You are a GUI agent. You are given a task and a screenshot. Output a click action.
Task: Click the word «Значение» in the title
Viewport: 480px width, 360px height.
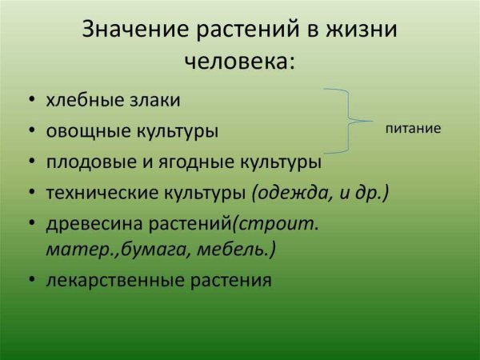pyautogui.click(x=135, y=30)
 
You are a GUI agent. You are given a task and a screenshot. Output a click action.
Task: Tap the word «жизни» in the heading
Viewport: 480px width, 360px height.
pyautogui.click(x=362, y=30)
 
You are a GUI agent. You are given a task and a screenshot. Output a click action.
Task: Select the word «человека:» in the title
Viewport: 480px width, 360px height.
pyautogui.click(x=240, y=61)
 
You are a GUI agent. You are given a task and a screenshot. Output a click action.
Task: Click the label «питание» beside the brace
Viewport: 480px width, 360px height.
pyautogui.click(x=413, y=129)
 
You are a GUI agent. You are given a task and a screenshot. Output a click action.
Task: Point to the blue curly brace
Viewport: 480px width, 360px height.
pyautogui.click(x=348, y=121)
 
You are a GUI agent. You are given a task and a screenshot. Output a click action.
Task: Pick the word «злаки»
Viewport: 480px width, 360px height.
pyautogui.click(x=155, y=100)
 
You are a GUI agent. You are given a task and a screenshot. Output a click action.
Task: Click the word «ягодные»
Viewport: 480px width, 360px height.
pyautogui.click(x=195, y=162)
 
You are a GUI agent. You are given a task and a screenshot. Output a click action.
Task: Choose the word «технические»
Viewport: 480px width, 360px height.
pyautogui.click(x=102, y=193)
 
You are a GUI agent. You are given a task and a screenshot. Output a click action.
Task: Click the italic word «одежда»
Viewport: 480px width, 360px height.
pyautogui.click(x=292, y=193)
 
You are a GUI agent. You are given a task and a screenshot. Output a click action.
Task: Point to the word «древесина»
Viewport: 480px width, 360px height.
pyautogui.click(x=94, y=224)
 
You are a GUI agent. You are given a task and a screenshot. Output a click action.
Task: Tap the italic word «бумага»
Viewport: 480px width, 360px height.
pyautogui.click(x=154, y=250)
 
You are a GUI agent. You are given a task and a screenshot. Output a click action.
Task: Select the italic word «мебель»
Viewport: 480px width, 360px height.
pyautogui.click(x=230, y=250)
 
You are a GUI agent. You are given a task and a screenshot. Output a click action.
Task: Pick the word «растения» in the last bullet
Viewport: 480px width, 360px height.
pyautogui.click(x=231, y=281)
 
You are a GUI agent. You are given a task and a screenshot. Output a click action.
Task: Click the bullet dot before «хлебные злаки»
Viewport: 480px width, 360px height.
pyautogui.click(x=32, y=99)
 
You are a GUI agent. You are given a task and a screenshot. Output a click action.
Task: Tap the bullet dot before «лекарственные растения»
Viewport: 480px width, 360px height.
pyautogui.click(x=32, y=279)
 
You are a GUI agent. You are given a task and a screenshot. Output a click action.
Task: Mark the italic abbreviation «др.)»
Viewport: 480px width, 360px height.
pyautogui.click(x=372, y=194)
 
